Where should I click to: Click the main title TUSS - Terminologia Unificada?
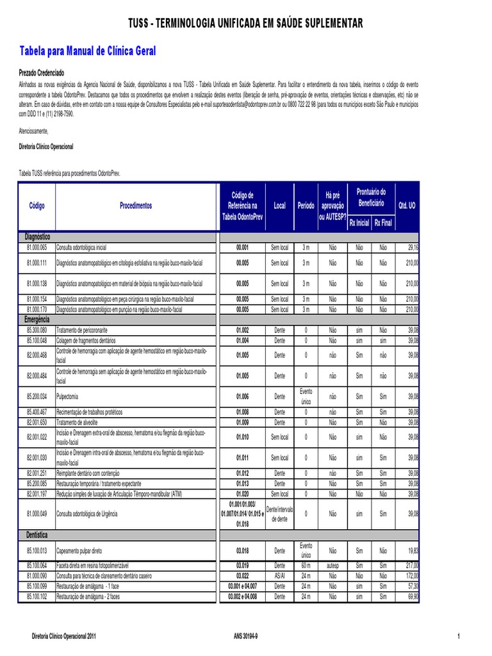click(245, 24)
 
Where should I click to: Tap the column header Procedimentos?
click(136, 206)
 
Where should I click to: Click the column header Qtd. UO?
click(407, 206)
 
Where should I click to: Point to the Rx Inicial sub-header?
click(359, 223)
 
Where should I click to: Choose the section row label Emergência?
click(37, 318)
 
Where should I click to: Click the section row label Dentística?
click(37, 534)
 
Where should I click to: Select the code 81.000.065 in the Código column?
click(37, 247)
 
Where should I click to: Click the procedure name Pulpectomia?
click(68, 397)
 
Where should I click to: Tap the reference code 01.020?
click(242, 494)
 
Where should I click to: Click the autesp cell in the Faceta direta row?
click(332, 565)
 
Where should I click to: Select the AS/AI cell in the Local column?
click(279, 575)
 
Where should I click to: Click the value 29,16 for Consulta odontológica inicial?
click(412, 247)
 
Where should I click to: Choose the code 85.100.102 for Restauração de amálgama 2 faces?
click(37, 596)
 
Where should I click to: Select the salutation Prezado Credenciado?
click(41, 73)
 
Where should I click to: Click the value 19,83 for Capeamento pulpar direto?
click(412, 550)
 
